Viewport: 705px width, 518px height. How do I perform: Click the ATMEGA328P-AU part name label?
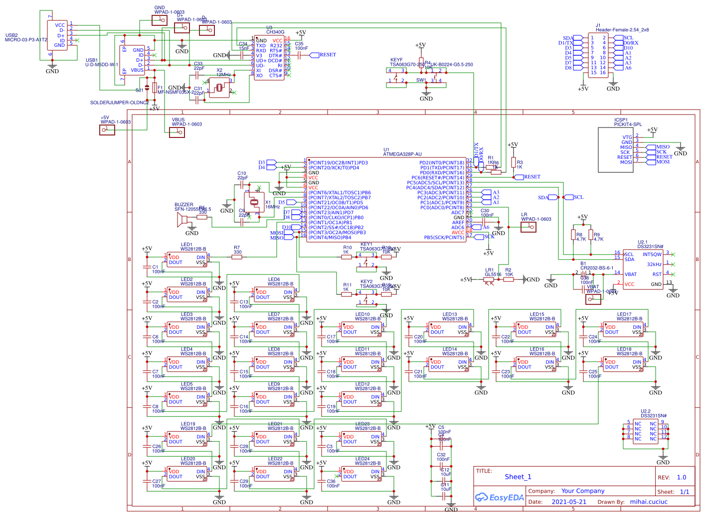[402, 154]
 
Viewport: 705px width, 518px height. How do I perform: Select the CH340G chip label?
[275, 32]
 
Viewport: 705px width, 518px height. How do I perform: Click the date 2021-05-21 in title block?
[569, 502]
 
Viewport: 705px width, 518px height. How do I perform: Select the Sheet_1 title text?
[518, 477]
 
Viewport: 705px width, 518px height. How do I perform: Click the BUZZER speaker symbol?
[182, 220]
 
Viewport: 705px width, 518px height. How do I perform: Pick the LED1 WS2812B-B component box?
[186, 260]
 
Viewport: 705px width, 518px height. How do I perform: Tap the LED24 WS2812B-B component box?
[361, 474]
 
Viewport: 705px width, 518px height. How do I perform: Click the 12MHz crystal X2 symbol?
[219, 88]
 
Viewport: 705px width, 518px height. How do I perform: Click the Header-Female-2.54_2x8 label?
[622, 30]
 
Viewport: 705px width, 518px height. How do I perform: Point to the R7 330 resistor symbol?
[237, 257]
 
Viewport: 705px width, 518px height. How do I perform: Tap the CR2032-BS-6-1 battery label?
[596, 268]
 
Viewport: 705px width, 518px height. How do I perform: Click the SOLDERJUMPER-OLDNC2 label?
[119, 103]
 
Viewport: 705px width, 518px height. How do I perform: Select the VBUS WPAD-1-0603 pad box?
[176, 132]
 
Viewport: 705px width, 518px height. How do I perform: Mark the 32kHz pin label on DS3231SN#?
[654, 264]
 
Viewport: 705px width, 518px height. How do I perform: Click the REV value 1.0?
[681, 477]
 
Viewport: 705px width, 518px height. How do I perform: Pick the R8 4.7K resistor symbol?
[573, 235]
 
